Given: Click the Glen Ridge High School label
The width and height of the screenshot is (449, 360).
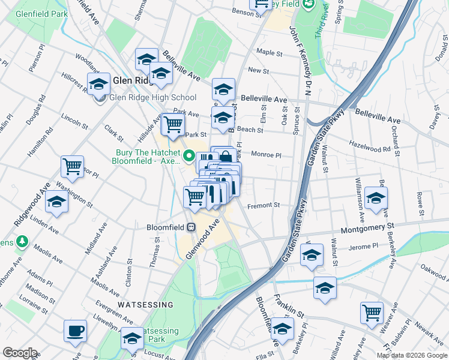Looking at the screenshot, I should click(x=152, y=98).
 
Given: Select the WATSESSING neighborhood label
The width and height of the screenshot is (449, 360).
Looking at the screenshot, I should click(x=146, y=305).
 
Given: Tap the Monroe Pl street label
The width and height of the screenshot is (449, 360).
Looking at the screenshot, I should click(x=266, y=155).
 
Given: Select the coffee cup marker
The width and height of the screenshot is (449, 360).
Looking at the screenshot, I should click(x=76, y=331).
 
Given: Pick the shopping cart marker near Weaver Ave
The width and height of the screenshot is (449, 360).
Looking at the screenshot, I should click(x=372, y=313).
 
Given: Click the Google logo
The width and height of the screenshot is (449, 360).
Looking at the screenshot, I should click(x=20, y=353).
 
